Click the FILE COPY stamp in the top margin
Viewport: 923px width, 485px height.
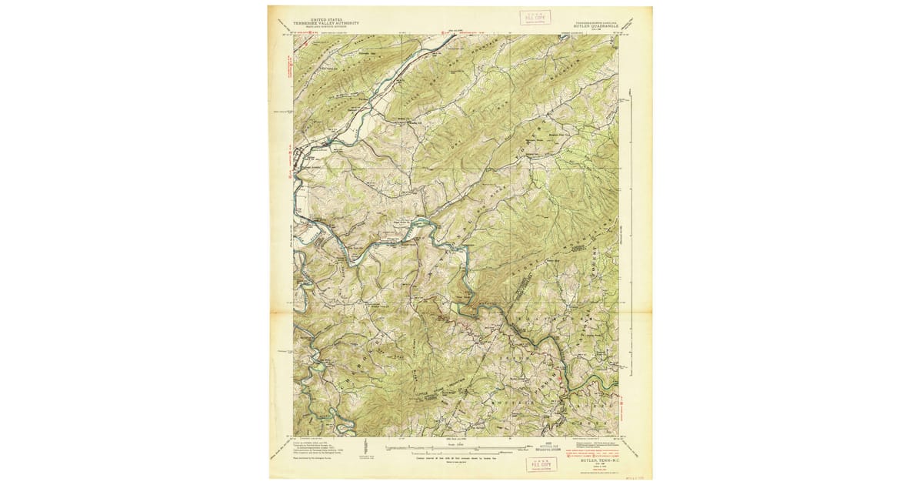pos(531,17)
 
